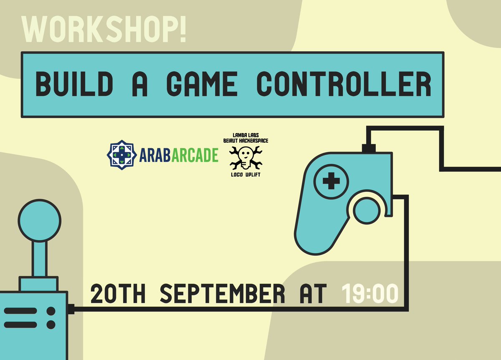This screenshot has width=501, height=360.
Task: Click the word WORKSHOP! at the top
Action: click(x=104, y=30)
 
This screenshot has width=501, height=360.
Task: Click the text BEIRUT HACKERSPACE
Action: click(x=246, y=141)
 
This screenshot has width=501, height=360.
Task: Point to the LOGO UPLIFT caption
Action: click(x=245, y=174)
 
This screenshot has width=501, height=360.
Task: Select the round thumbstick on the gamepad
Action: click(x=367, y=210)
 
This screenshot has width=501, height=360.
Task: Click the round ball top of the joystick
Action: click(x=40, y=220)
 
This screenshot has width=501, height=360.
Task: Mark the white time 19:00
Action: click(x=370, y=294)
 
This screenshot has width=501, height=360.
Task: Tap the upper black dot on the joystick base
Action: click(x=51, y=311)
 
